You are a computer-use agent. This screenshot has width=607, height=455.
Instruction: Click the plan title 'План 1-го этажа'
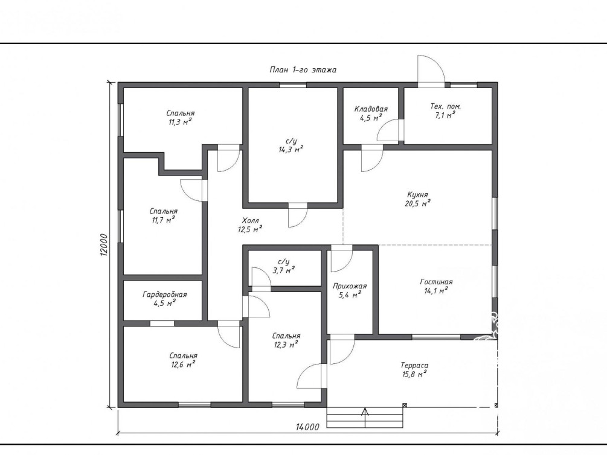pyautogui.click(x=303, y=70)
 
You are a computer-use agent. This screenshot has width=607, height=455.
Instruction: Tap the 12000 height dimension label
pyautogui.click(x=103, y=245)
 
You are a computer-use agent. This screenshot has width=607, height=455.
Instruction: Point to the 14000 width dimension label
pyautogui.click(x=308, y=427)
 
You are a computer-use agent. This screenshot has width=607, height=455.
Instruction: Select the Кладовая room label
pyautogui.click(x=371, y=109)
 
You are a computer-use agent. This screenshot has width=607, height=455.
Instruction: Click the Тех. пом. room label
pyautogui.click(x=446, y=106)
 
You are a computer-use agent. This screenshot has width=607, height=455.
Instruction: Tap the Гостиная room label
pyautogui.click(x=436, y=282)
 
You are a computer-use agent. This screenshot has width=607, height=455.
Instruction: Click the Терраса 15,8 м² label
pyautogui.click(x=414, y=369)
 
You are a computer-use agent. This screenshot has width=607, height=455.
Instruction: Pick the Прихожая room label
pyautogui.click(x=350, y=286)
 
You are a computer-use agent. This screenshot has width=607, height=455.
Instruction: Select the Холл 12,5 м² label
pyautogui.click(x=250, y=225)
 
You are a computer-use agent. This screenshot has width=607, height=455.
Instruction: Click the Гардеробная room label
pyautogui.click(x=165, y=294)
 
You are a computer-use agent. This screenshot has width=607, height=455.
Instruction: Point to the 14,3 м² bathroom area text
pyautogui.click(x=291, y=150)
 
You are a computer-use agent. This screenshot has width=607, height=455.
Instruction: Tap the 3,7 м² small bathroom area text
pyautogui.click(x=284, y=270)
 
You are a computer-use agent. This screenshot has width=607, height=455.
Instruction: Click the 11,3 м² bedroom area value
pyautogui.click(x=181, y=122)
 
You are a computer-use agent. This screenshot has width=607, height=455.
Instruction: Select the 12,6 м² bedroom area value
pyautogui.click(x=183, y=364)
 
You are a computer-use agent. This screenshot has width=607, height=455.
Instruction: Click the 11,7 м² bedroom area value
pyautogui.click(x=163, y=220)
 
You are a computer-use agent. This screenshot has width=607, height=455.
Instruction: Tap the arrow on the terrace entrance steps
pyautogui.click(x=365, y=417)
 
